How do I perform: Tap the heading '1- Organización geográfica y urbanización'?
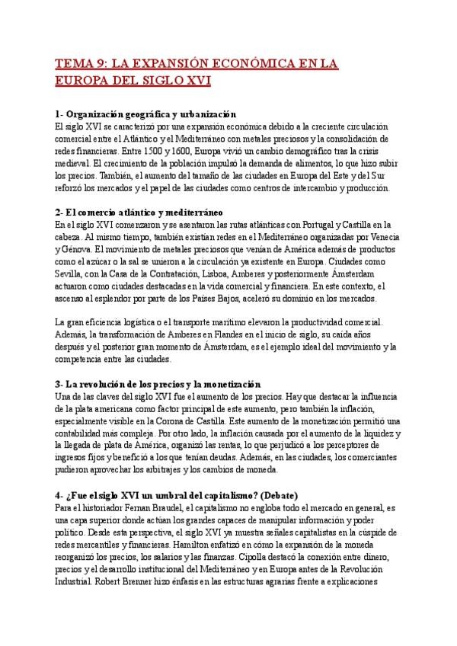click(x=146, y=114)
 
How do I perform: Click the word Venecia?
click(x=372, y=236)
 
